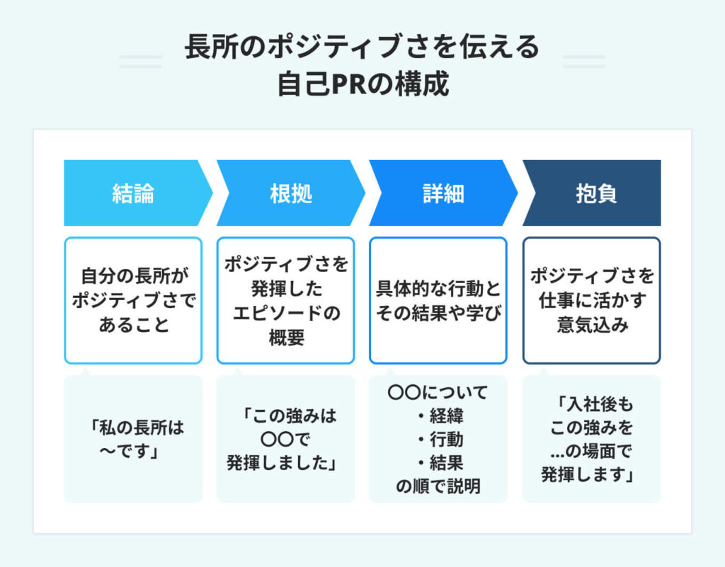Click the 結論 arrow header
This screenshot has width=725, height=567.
[133, 193]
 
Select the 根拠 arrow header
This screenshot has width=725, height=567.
[287, 193]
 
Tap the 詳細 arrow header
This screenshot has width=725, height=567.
[440, 193]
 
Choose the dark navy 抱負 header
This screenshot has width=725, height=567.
[592, 193]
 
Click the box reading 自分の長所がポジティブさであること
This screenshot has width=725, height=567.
[133, 300]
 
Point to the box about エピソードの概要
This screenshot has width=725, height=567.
[286, 300]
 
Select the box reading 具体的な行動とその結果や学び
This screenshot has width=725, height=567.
[438, 300]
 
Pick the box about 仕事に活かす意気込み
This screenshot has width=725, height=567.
[591, 300]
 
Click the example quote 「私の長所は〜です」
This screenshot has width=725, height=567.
[133, 439]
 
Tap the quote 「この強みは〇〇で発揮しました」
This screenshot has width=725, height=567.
[286, 439]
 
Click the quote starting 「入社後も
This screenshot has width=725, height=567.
[591, 439]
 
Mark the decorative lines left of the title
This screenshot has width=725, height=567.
[141, 62]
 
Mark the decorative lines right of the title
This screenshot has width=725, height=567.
[583, 62]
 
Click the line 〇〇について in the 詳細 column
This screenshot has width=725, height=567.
[438, 391]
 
